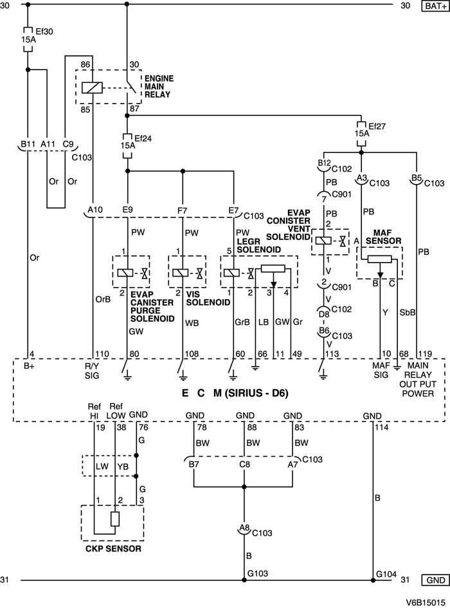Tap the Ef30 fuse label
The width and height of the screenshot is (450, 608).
pyautogui.click(x=43, y=30)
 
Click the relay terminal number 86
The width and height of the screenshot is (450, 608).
pyautogui.click(x=85, y=64)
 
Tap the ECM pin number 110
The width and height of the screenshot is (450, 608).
pyautogui.click(x=102, y=353)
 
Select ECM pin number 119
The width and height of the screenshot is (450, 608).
pyautogui.click(x=424, y=353)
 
